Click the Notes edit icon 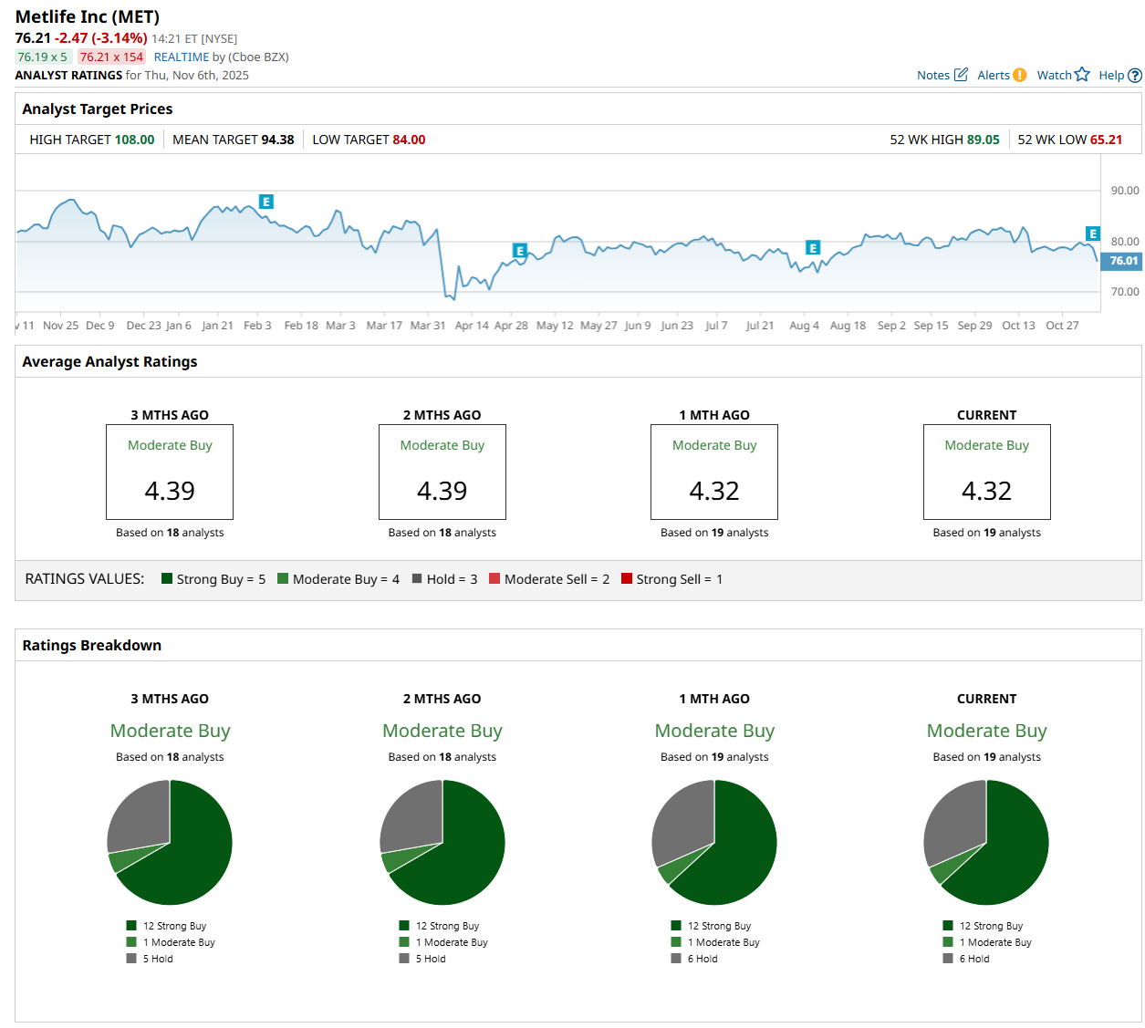pyautogui.click(x=961, y=75)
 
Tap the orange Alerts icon pyautogui.click(x=1019, y=75)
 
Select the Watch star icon pyautogui.click(x=1082, y=75)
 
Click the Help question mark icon pyautogui.click(x=1135, y=76)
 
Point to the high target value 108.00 pyautogui.click(x=134, y=140)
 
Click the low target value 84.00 pyautogui.click(x=409, y=140)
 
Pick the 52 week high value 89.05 pyautogui.click(x=983, y=140)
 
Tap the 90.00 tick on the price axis pyautogui.click(x=1124, y=191)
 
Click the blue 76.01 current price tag pyautogui.click(x=1123, y=261)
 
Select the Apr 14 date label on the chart pyautogui.click(x=472, y=326)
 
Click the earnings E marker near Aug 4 pyautogui.click(x=813, y=247)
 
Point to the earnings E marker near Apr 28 pyautogui.click(x=520, y=250)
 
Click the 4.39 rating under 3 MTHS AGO pyautogui.click(x=170, y=491)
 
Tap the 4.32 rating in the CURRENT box pyautogui.click(x=986, y=491)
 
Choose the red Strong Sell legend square pyautogui.click(x=627, y=578)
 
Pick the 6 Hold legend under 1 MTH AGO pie pyautogui.click(x=702, y=959)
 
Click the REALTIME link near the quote pyautogui.click(x=182, y=57)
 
